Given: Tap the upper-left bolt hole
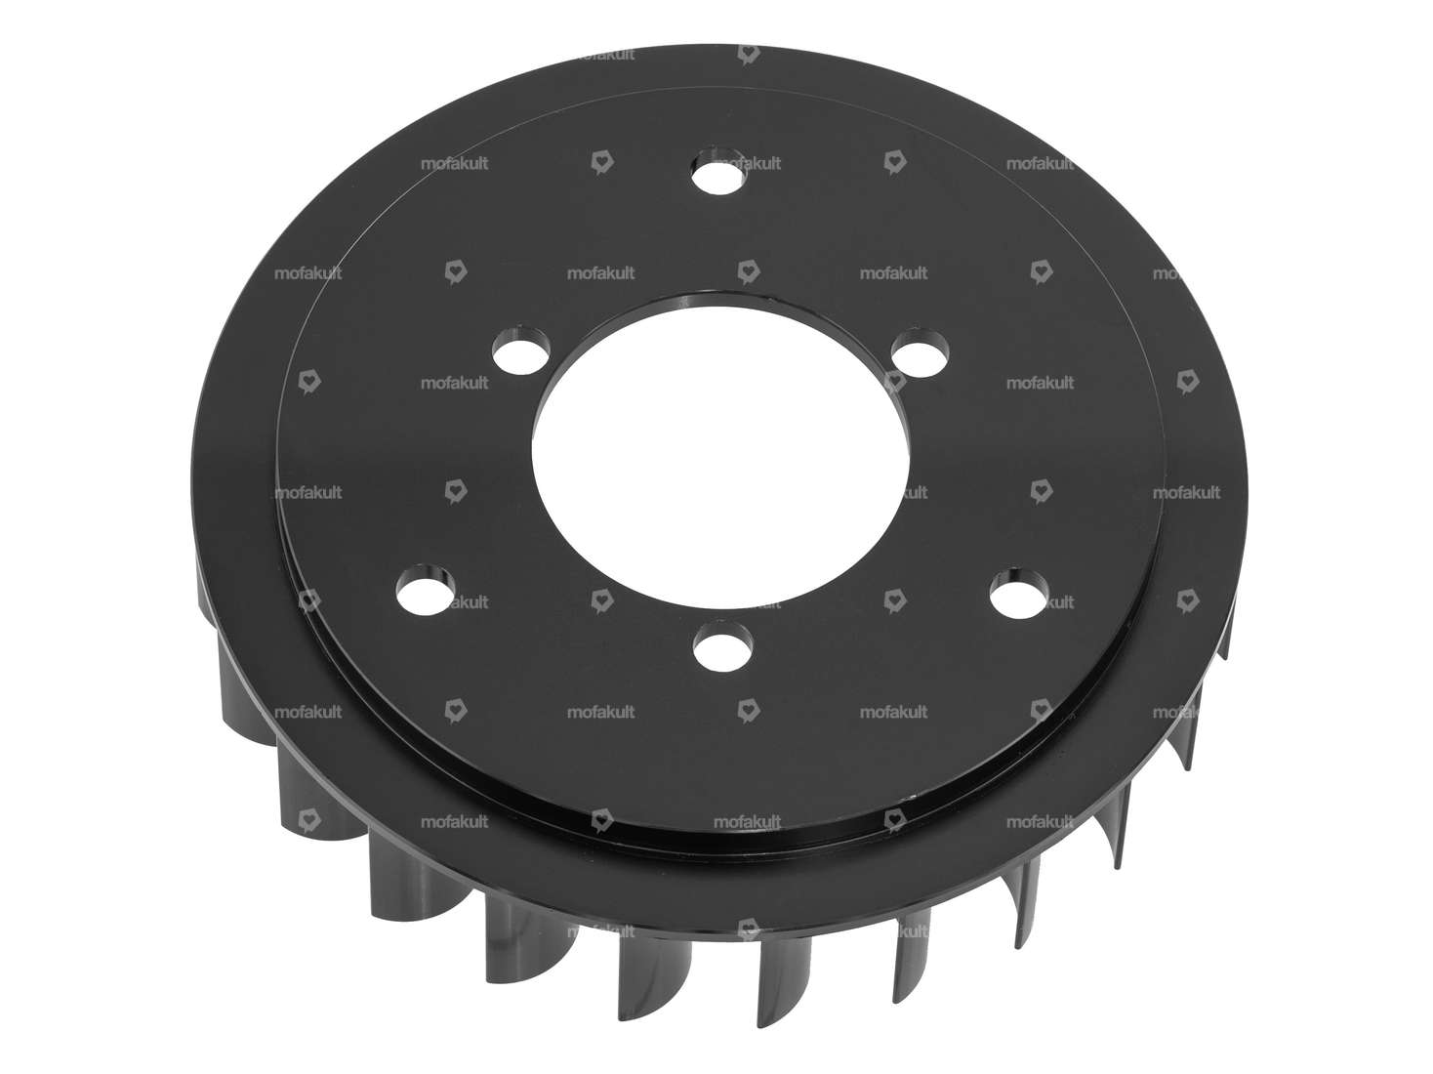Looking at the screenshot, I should [519, 350].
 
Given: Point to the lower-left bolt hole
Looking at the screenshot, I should [426, 589].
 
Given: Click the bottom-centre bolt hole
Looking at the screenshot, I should [724, 649].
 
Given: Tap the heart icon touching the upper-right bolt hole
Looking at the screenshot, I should [894, 382].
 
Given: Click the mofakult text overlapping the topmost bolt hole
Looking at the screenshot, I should [748, 164].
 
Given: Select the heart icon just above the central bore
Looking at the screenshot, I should [748, 272].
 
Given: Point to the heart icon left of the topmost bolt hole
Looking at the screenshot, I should [601, 163].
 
